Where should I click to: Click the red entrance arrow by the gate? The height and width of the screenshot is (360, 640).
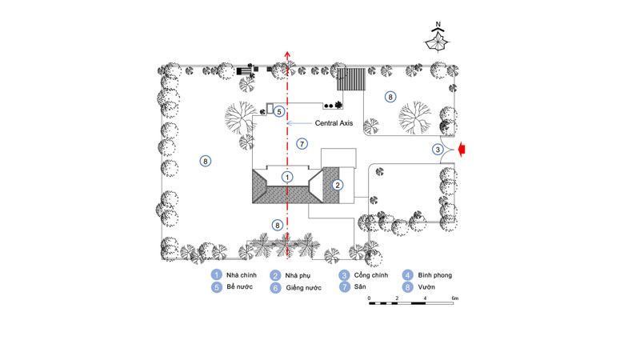(462, 150)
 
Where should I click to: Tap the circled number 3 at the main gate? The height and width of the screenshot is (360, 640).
(438, 150)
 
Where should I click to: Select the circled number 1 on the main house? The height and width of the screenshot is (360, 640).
(287, 177)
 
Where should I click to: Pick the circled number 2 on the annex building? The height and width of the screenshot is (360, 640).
(337, 185)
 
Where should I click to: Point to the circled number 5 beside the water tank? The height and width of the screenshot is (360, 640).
(278, 111)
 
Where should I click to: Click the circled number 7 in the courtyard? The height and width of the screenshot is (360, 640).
(302, 144)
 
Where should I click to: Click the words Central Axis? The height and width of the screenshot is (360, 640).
(334, 123)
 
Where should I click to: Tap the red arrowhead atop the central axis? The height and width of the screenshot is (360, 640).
(287, 55)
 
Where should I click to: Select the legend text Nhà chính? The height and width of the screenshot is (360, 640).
(242, 275)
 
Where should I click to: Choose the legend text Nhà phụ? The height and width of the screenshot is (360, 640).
(298, 276)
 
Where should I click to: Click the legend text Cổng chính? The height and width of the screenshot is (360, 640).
(371, 275)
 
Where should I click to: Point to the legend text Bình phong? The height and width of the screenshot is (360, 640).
(434, 275)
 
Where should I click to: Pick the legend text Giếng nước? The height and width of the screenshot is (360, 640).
(303, 288)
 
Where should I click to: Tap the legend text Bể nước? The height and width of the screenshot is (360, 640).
(239, 286)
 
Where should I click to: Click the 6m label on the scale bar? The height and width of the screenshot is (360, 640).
(454, 298)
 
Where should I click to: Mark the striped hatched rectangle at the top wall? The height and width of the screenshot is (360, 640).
(351, 79)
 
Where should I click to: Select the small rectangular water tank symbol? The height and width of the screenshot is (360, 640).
(270, 109)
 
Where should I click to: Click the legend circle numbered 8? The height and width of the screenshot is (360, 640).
(407, 287)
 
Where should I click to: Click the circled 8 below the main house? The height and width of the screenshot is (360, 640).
(277, 225)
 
